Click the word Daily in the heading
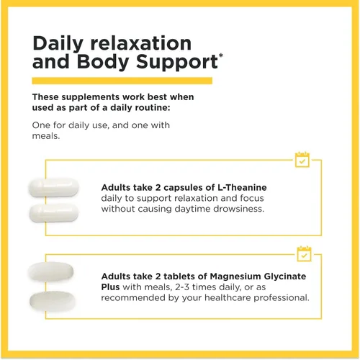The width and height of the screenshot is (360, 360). (58, 44)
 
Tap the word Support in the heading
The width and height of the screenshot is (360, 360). (177, 63)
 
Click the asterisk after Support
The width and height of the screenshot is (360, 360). (220, 55)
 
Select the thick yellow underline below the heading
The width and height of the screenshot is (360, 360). (122, 81)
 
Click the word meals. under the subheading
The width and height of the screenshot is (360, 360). (46, 136)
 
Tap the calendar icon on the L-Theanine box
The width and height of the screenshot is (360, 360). (302, 160)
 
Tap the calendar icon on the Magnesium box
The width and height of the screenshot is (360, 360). (304, 253)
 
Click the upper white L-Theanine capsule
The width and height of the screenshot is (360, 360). (53, 187)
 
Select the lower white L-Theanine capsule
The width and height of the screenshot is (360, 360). (54, 213)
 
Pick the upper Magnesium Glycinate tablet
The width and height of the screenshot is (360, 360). (50, 271)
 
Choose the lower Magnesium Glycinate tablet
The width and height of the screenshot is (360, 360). (53, 301)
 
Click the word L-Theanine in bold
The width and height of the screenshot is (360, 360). (242, 187)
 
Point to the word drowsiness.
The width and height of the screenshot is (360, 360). (238, 209)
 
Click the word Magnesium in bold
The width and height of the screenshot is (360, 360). (235, 276)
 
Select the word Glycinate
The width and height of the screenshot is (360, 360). (285, 276)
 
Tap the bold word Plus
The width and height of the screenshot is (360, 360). (110, 287)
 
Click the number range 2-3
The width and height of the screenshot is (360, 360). (182, 287)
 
